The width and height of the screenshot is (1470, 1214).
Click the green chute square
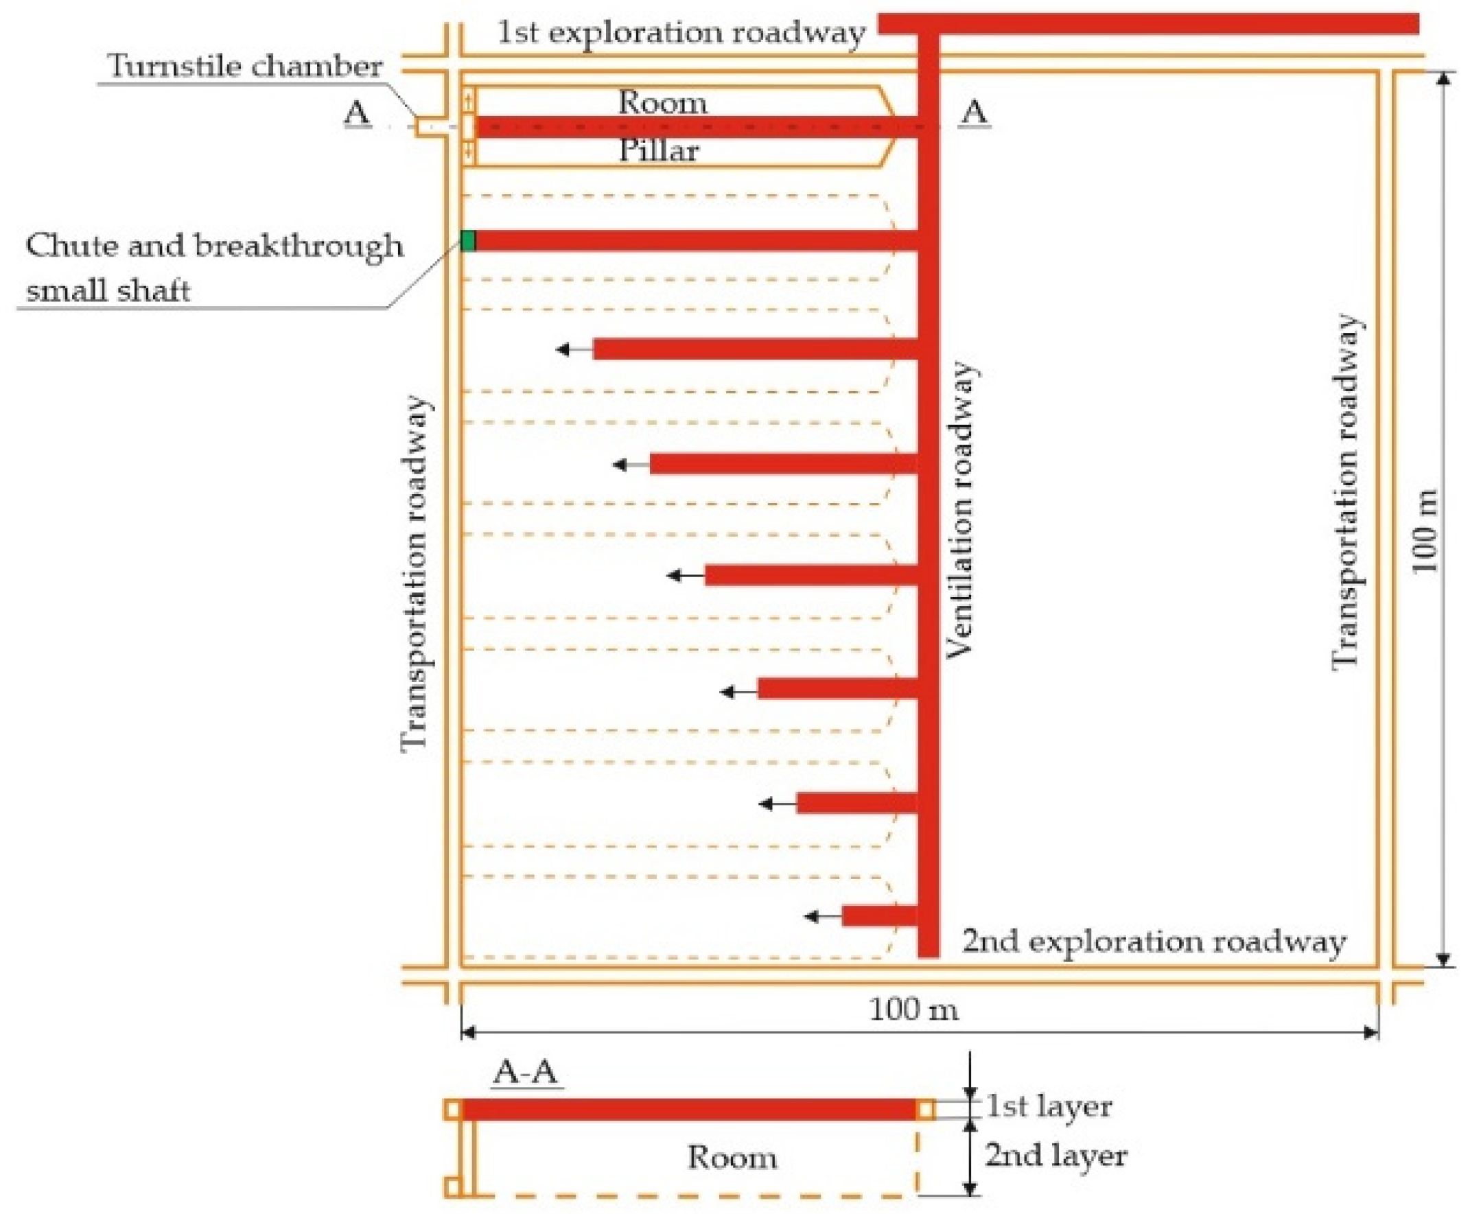[468, 241]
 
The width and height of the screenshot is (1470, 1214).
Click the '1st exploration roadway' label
[681, 33]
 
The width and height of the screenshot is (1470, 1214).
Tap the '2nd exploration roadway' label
[1154, 942]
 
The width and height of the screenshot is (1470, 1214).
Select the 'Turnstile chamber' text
[245, 67]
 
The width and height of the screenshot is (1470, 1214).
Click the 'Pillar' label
[659, 151]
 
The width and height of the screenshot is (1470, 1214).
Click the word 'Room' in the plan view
[662, 104]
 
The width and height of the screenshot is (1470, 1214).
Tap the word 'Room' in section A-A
[732, 1157]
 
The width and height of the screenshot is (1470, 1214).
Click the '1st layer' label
[1049, 1106]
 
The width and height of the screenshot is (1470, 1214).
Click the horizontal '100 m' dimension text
[913, 1009]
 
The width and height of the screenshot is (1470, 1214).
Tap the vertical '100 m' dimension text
[1425, 531]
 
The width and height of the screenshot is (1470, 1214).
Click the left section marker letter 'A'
[357, 112]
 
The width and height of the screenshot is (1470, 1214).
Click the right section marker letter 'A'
[975, 112]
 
